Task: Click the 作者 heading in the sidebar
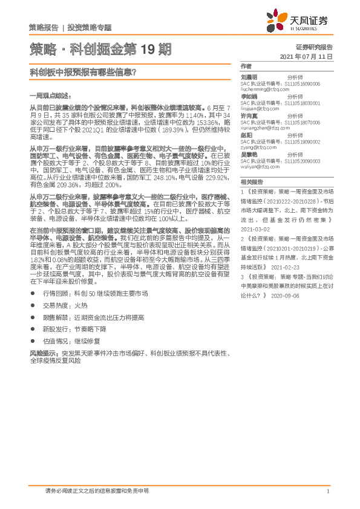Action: (245, 66)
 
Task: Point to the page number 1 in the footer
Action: (328, 491)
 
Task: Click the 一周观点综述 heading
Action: (50, 96)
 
